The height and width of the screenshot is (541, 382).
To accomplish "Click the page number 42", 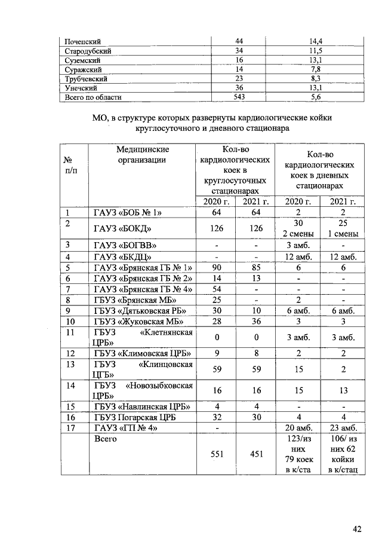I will click(x=357, y=528).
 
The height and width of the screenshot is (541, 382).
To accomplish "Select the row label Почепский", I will click(x=83, y=41).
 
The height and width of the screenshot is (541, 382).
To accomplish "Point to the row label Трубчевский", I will click(x=86, y=78).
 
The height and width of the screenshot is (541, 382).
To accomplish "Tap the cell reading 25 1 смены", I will click(x=338, y=228).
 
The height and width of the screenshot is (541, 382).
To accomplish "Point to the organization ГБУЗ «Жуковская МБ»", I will click(x=136, y=322).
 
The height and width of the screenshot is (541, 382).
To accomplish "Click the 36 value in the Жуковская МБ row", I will click(x=255, y=322).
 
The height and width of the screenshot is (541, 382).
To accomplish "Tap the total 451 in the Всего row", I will click(x=255, y=453).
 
